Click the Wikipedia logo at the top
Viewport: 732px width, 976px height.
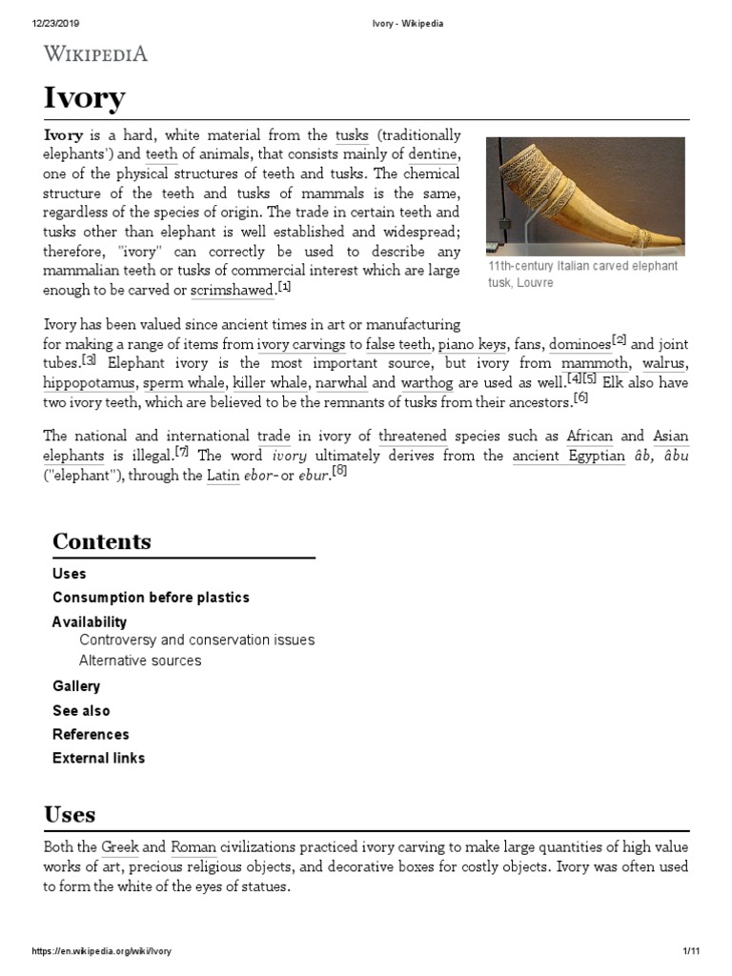click(95, 54)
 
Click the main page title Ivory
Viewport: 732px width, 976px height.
click(84, 98)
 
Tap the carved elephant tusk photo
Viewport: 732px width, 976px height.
click(585, 196)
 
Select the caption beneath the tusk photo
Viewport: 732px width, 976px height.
click(582, 274)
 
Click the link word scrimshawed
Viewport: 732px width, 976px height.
click(232, 290)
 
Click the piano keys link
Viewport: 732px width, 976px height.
click(472, 344)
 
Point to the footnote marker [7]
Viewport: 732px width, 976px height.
click(182, 452)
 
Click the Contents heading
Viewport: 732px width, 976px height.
click(101, 541)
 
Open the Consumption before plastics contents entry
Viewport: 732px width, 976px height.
click(151, 598)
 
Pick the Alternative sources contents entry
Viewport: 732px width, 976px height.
click(140, 661)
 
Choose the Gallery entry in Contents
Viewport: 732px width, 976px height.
click(76, 686)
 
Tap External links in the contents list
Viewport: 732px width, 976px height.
click(99, 759)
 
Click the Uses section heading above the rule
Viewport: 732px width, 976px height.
click(70, 814)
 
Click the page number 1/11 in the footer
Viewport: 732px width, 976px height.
click(691, 952)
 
